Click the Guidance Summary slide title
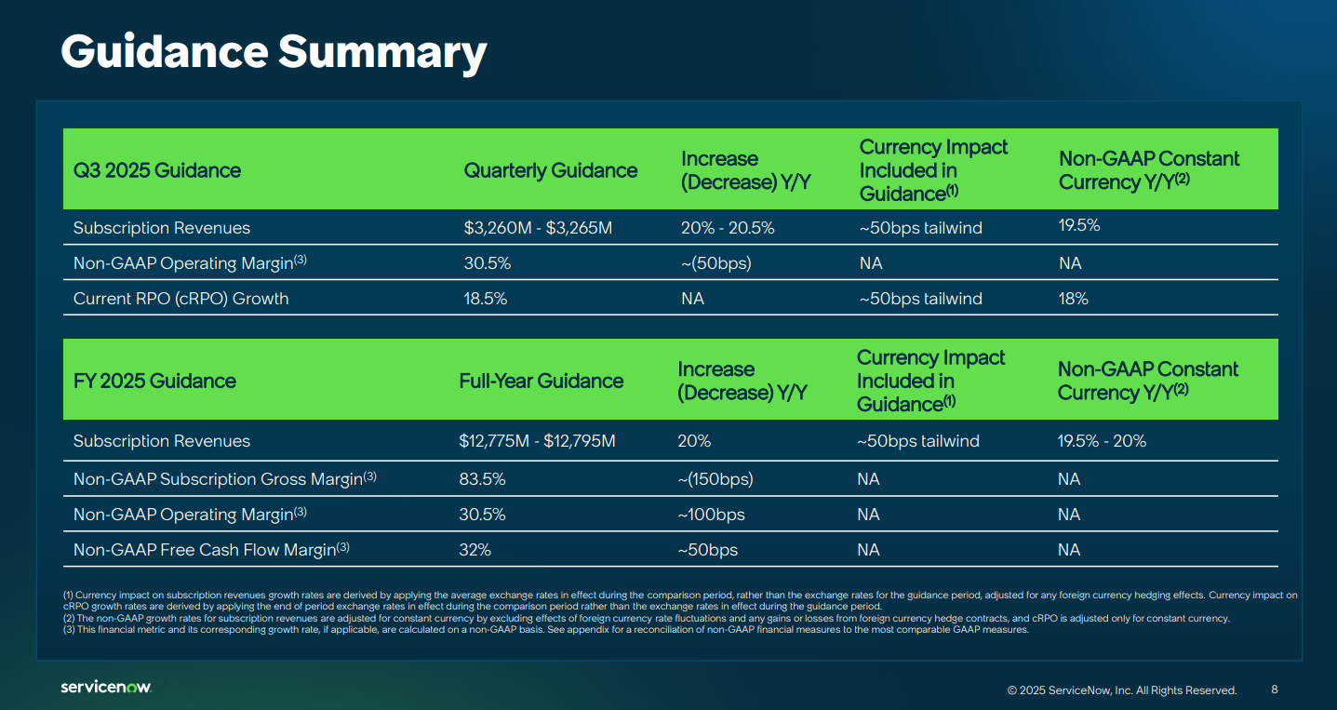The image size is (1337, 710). tap(274, 52)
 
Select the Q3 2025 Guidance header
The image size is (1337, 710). tap(157, 170)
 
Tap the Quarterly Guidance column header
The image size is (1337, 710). tap(551, 170)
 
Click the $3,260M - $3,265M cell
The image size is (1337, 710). tap(538, 228)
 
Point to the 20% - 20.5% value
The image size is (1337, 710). tap(728, 228)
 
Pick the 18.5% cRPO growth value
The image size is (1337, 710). tap(487, 299)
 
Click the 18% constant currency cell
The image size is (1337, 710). tap(1073, 299)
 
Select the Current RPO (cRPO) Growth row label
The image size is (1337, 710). tap(180, 299)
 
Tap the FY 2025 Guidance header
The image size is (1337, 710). tap(154, 381)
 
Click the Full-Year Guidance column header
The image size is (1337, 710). tap(541, 381)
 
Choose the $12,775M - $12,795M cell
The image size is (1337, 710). tap(537, 441)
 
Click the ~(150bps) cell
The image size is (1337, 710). tap(715, 479)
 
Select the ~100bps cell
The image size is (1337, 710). tap(711, 515)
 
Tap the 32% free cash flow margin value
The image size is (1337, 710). tap(475, 550)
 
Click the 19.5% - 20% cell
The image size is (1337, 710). tap(1102, 441)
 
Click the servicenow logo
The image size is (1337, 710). tap(105, 687)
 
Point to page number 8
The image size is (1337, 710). tap(1274, 690)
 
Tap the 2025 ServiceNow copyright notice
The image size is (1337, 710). tap(1121, 690)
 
